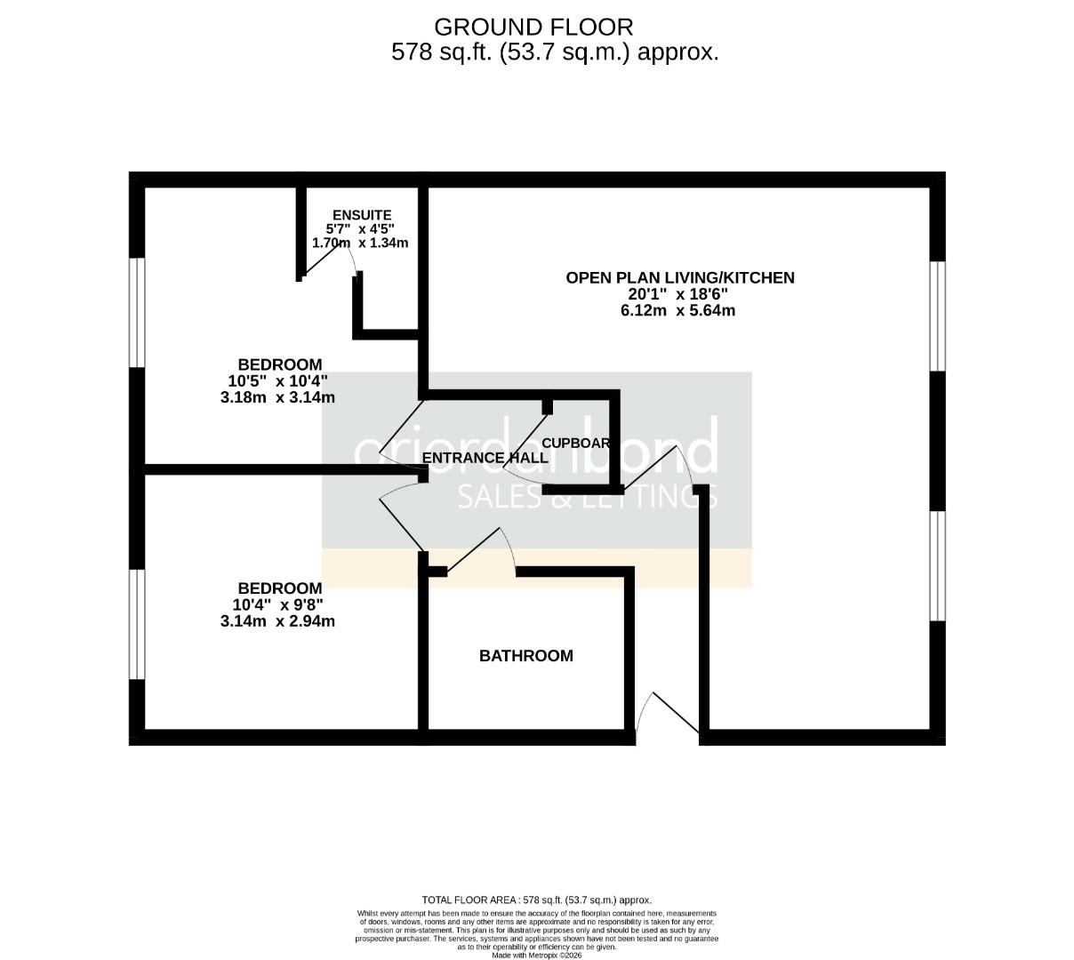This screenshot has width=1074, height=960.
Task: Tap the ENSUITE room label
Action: coord(361,215)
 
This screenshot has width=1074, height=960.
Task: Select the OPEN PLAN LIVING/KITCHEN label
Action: coord(680,277)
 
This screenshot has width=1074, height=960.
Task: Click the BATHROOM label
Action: coord(525,656)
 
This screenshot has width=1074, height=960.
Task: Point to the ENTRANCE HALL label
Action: coord(485,458)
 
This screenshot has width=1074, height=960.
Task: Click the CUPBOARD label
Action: coord(575,443)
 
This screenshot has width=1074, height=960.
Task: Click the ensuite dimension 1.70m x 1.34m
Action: coord(360,243)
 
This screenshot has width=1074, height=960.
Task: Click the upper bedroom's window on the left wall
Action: coord(137,312)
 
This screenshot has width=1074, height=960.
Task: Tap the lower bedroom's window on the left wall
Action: coord(137,624)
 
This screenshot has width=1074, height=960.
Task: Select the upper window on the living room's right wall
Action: coord(937,316)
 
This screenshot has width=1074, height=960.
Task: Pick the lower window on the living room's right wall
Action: coord(937,565)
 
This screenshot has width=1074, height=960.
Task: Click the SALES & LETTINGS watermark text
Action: coord(587,497)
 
